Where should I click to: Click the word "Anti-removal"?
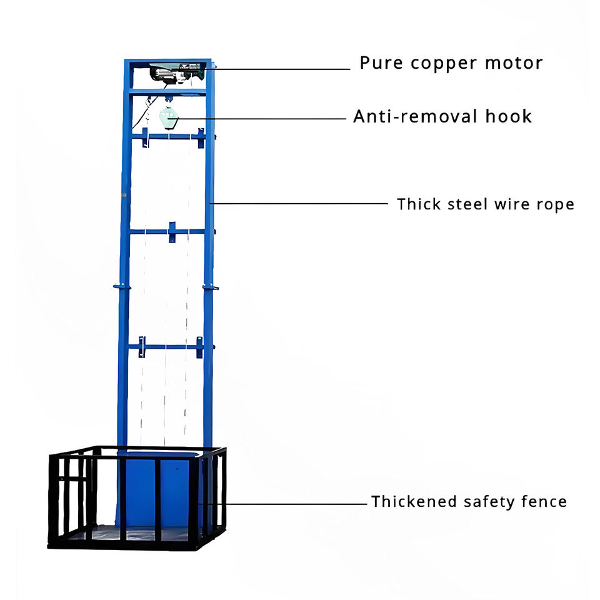[x=417, y=116]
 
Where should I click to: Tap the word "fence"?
[x=544, y=501]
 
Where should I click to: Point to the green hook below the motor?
[x=168, y=116]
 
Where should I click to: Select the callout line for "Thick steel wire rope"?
[x=300, y=203]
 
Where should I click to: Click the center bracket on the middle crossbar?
[x=172, y=231]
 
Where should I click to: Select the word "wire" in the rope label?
[x=509, y=204]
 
